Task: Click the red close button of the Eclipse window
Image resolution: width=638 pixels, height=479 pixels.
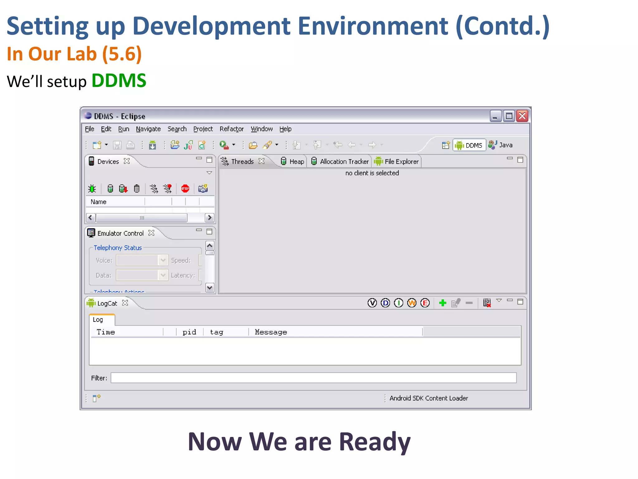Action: coord(522,116)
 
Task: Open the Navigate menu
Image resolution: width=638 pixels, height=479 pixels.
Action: coord(148,129)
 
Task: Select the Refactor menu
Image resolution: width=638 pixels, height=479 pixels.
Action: coord(231,129)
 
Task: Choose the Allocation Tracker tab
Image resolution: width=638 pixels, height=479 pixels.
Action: coord(340,162)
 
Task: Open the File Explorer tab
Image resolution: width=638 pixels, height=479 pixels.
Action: coord(397,162)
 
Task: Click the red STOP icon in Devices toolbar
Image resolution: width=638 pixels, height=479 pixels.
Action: coord(185,188)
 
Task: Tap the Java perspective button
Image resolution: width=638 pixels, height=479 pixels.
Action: coord(501,145)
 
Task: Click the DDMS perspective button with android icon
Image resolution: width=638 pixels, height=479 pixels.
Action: coord(469,145)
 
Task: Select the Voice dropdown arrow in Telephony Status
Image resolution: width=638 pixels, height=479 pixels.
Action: coord(163,260)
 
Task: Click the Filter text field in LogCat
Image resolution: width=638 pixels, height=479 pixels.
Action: coord(313,378)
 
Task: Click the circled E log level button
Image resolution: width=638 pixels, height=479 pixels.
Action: coord(425,303)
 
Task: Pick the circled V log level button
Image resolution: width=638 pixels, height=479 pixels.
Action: coord(372,303)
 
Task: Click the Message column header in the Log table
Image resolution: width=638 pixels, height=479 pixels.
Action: coord(271,332)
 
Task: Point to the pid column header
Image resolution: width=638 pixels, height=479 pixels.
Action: coord(189,332)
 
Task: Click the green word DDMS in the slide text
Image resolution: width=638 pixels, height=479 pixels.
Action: coord(119,81)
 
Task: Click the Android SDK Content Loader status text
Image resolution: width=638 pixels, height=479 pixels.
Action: coord(428,398)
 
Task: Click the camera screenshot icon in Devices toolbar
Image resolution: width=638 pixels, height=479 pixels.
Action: coord(203,188)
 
